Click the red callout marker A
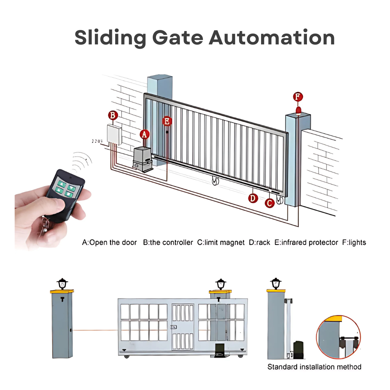coord(144,134)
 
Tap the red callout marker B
coord(113,116)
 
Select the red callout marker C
coord(270,203)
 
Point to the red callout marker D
coord(253,198)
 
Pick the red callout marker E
coord(167,121)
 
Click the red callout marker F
coord(298,97)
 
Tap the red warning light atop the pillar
coord(298,110)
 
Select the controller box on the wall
coord(114,135)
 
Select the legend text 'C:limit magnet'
coord(221,243)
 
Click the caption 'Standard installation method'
coord(314,367)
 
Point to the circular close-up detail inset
coord(338,337)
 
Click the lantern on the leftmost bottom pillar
coord(62,283)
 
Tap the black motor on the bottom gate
coord(220,351)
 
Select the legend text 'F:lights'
coord(354,243)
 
